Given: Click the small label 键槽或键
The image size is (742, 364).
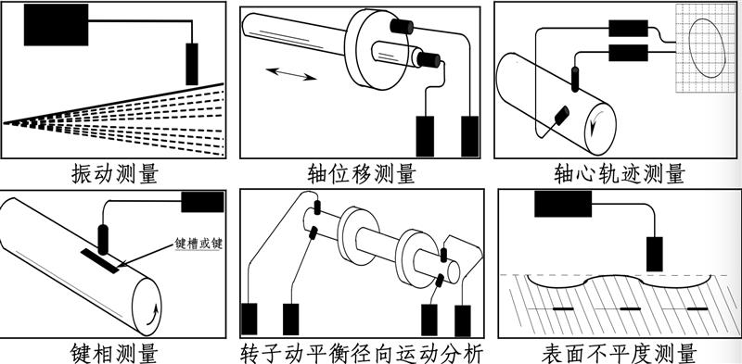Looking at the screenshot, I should [x=200, y=243].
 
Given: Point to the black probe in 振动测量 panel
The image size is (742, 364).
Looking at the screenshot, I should [x=193, y=63].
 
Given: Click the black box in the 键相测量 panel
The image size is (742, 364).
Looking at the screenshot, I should [x=201, y=202].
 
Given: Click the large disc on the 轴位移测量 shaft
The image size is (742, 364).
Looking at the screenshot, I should [x=377, y=57].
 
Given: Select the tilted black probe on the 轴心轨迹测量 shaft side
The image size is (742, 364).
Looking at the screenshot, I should [x=561, y=115].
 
